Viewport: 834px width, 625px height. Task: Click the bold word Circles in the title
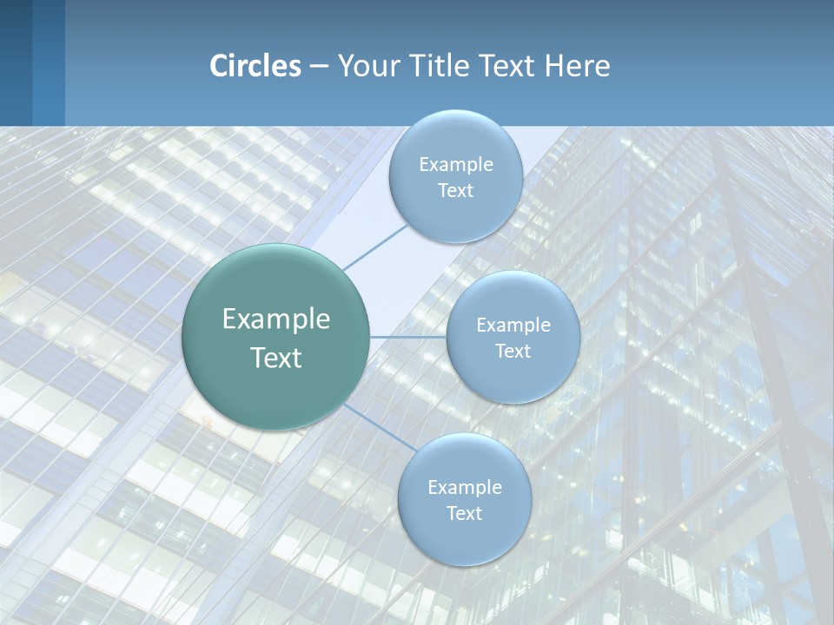tap(255, 66)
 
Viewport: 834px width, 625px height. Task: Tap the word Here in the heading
tap(577, 66)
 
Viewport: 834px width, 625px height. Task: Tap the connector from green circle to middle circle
tap(407, 337)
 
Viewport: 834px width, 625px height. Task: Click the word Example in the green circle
tap(276, 319)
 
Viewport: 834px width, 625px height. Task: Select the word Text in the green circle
tap(276, 358)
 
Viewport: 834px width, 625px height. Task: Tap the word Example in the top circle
tap(455, 165)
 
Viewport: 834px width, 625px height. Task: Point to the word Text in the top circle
tap(455, 191)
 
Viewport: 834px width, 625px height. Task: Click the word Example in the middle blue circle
tap(513, 326)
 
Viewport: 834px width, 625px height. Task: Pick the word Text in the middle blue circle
tap(513, 352)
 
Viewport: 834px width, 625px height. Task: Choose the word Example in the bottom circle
tap(464, 488)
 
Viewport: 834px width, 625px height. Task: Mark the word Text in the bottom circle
tap(464, 514)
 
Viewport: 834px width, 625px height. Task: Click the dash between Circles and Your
tap(318, 67)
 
